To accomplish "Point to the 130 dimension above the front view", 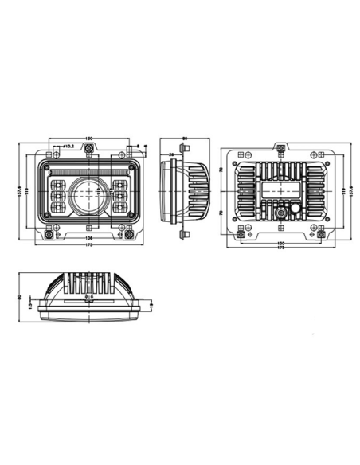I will coord(88,139).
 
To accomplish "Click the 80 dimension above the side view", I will coord(185,139).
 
